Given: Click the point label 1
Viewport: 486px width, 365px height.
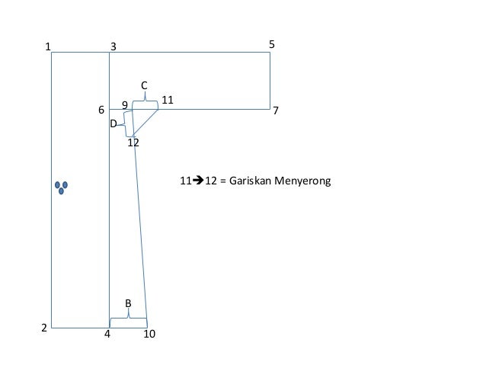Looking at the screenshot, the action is click(48, 46).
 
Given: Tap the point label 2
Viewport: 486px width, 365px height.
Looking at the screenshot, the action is click(44, 328).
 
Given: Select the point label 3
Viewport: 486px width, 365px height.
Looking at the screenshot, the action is click(114, 46).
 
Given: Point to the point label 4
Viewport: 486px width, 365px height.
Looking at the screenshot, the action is click(107, 333).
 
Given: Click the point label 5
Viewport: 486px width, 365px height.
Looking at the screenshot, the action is click(272, 46).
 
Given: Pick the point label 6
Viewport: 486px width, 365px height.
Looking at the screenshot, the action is click(101, 110).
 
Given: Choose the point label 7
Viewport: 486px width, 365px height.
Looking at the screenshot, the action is click(276, 110).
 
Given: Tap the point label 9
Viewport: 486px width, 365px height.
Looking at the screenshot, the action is click(125, 105).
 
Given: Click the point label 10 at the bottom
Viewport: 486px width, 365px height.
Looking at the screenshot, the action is click(149, 334).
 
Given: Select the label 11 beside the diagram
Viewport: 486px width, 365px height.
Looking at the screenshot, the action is click(168, 100).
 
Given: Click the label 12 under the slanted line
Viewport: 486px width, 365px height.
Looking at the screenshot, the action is click(133, 142).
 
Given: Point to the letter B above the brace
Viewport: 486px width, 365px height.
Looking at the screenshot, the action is click(128, 303).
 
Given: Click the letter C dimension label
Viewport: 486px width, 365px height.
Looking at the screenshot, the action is click(144, 85).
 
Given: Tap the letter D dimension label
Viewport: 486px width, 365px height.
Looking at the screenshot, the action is click(114, 123).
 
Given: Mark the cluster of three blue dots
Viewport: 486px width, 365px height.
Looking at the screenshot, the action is click(62, 187).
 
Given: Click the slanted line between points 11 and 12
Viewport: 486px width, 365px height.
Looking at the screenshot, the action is click(145, 123).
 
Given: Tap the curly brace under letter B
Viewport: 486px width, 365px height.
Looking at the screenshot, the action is click(128, 316).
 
